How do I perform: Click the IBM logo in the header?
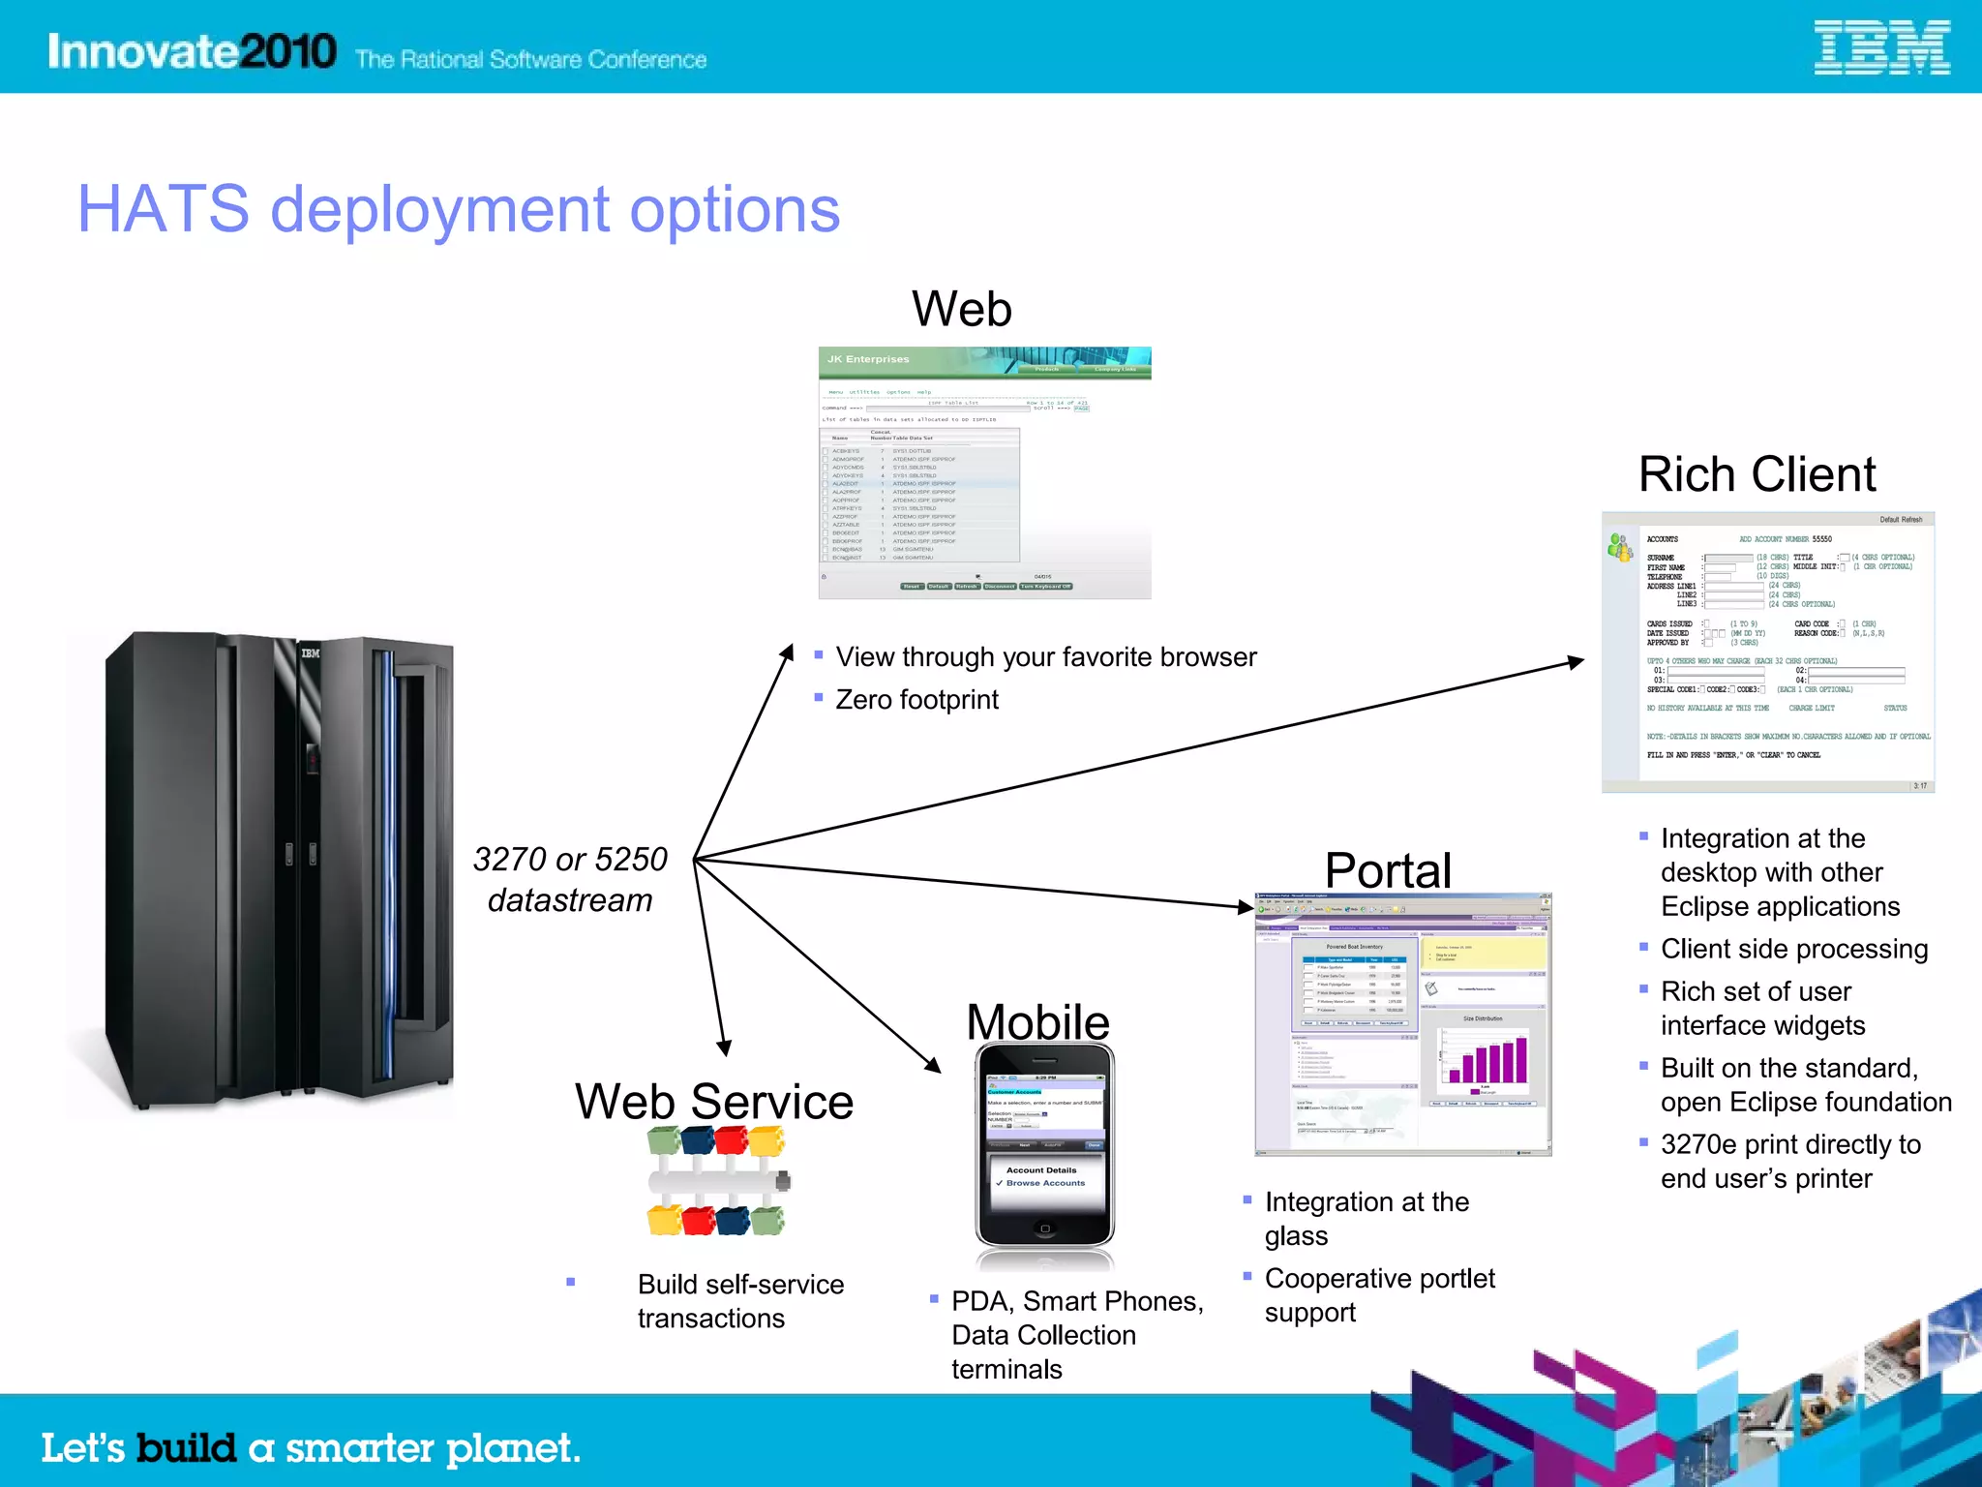tap(1881, 48)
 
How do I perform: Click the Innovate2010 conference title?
tap(192, 50)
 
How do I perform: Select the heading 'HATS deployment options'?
tap(459, 209)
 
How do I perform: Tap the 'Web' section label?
tap(961, 310)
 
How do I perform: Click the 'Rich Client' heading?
tap(1757, 474)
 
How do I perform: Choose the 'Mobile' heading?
tap(1037, 1021)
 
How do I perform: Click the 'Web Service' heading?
tap(714, 1101)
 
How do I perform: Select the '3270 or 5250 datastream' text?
tap(570, 879)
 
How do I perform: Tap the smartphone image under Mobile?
tap(1044, 1147)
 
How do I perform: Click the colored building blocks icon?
tap(718, 1182)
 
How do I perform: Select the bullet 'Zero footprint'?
tap(916, 699)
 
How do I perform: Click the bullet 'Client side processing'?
tap(1793, 949)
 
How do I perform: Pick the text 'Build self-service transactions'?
tap(740, 1301)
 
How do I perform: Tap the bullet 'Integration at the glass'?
tap(1366, 1218)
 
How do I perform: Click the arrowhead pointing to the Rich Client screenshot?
tap(1575, 662)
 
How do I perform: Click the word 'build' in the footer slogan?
tap(186, 1448)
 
